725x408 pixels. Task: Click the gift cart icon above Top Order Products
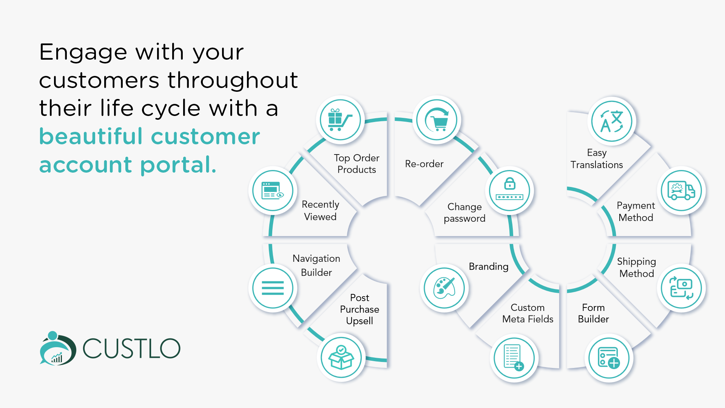pos(340,120)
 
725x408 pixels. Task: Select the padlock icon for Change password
pos(510,190)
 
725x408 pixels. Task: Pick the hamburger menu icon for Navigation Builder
pos(273,288)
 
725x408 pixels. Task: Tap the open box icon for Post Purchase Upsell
pos(341,357)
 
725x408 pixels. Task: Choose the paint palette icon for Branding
pos(444,288)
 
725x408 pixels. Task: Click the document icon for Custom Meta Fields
pos(514,357)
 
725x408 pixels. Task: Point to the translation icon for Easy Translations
pos(612,121)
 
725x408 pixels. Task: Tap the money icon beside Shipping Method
pos(681,288)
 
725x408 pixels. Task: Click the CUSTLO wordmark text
pos(131,348)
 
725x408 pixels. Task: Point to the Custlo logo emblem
pos(58,348)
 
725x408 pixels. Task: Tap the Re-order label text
pos(424,164)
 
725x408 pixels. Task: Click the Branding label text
pos(489,266)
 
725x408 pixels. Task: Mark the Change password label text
pos(464,213)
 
